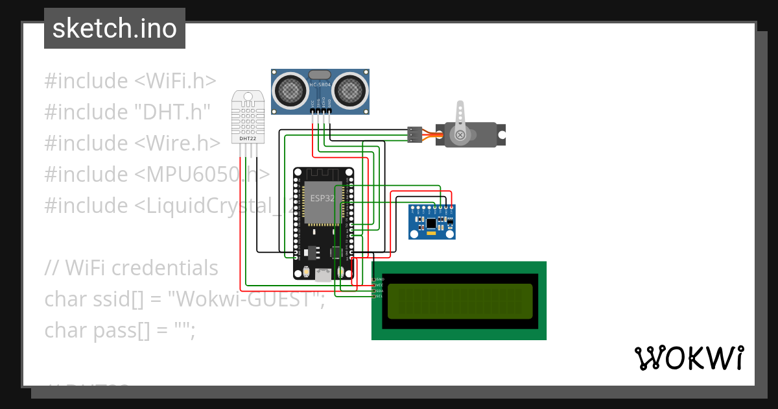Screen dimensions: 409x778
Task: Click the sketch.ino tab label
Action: coord(115,29)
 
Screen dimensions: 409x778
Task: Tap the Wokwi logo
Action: coord(689,358)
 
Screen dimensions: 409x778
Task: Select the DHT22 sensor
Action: coord(246,118)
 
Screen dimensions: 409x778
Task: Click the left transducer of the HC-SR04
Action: coord(291,90)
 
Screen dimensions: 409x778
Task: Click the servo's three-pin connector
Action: coord(414,134)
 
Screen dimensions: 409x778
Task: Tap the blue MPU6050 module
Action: coord(432,221)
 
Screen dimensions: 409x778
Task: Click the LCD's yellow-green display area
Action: coord(460,301)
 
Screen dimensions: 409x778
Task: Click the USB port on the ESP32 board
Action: coord(322,275)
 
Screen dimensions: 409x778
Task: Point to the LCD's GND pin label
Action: coord(380,279)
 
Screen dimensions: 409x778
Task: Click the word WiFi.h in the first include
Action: coord(175,81)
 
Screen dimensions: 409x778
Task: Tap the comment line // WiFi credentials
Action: coord(132,267)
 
